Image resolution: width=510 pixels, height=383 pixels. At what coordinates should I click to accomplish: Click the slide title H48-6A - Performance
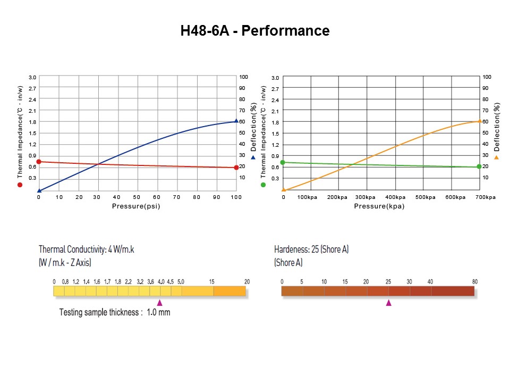click(255, 31)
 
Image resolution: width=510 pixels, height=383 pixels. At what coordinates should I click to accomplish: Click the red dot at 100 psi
click(236, 168)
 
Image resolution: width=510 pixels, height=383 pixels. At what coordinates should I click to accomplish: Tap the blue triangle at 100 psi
click(236, 121)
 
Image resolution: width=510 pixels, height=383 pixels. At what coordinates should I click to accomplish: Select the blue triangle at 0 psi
click(39, 190)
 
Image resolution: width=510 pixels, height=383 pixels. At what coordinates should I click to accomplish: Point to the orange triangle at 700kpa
click(480, 121)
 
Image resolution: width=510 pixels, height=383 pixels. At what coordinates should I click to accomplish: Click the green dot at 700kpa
click(479, 168)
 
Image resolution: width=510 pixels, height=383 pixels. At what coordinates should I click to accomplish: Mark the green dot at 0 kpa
click(283, 162)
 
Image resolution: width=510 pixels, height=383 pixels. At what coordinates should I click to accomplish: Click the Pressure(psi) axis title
click(136, 206)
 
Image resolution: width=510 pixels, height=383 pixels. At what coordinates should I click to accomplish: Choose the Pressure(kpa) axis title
click(379, 206)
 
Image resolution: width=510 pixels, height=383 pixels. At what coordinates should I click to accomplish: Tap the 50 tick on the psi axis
click(137, 197)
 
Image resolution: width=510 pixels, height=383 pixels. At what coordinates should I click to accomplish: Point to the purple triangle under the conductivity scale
click(159, 303)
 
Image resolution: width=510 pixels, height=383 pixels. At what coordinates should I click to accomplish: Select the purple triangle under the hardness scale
click(388, 303)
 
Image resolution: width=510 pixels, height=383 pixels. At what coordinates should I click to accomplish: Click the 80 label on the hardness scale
click(474, 281)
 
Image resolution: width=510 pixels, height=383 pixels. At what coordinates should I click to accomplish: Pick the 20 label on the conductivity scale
click(246, 281)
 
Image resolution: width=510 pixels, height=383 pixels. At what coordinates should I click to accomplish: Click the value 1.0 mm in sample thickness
click(158, 312)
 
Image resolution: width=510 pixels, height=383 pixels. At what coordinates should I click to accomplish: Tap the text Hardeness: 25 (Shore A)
click(311, 249)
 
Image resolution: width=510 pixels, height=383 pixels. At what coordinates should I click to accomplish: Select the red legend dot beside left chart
click(20, 185)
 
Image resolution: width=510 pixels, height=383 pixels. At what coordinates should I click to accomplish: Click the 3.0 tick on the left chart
click(32, 78)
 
